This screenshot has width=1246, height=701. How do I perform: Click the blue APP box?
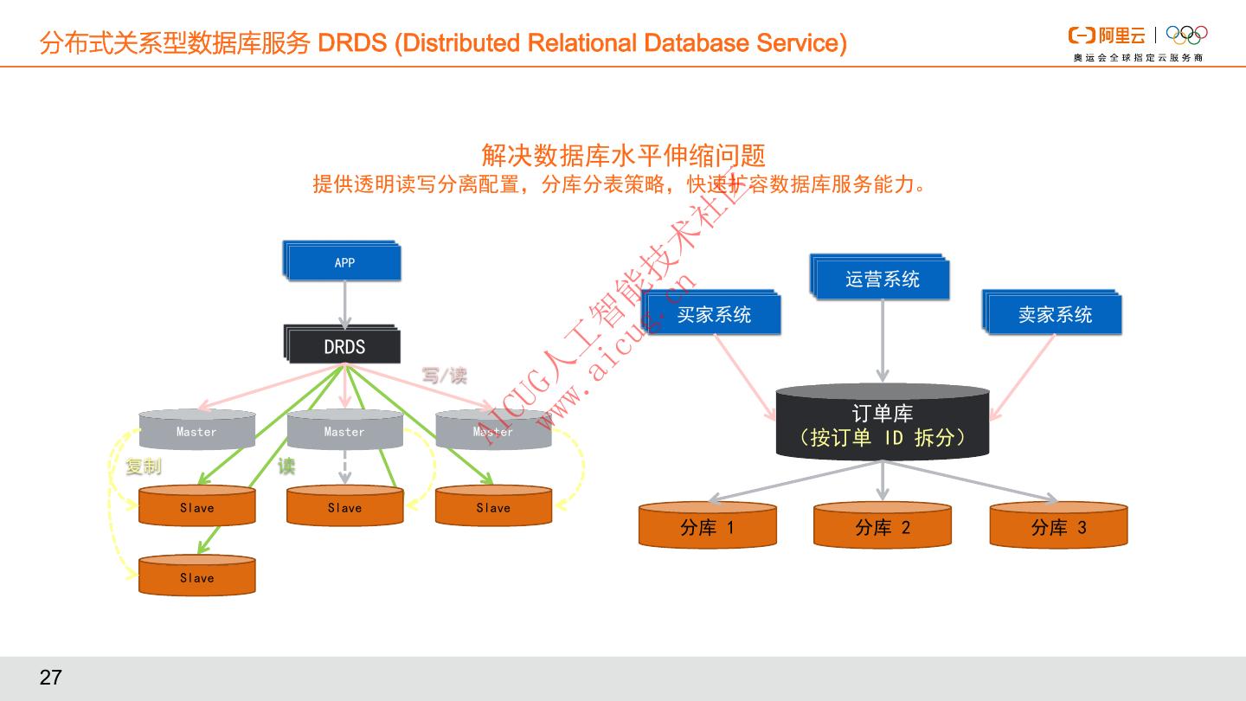tap(344, 262)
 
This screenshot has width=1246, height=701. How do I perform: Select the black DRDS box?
tap(344, 347)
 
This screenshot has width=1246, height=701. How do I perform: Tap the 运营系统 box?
tap(882, 280)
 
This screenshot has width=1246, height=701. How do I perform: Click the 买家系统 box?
tap(713, 315)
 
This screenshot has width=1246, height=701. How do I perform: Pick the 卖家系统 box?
tap(1054, 315)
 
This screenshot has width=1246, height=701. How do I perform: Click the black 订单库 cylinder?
tap(882, 425)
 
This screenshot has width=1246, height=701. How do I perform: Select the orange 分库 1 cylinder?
tap(707, 527)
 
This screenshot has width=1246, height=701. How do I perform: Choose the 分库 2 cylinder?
tap(882, 527)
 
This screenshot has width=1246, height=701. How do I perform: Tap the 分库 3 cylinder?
tap(1058, 527)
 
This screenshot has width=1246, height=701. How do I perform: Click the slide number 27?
tap(51, 678)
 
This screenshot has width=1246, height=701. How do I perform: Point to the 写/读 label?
tap(444, 375)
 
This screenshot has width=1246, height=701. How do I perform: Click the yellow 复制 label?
tap(143, 466)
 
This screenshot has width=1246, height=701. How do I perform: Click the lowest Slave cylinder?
tap(196, 577)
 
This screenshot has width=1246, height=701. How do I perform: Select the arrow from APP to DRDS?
tap(344, 302)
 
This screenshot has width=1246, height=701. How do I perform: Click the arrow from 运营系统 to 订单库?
tap(883, 342)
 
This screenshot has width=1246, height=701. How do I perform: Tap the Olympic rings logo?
tap(1186, 35)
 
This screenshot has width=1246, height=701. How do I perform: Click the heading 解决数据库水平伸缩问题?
tap(623, 156)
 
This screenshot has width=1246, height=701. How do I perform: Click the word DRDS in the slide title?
tap(351, 42)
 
